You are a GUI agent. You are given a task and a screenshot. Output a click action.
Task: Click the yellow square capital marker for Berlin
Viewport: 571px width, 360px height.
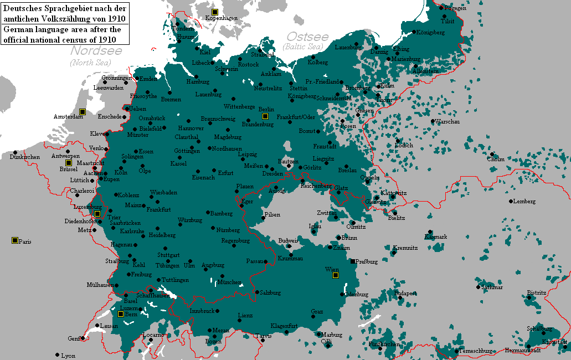pyautogui.click(x=265, y=116)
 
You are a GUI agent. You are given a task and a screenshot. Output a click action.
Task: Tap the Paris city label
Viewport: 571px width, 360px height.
pyautogui.click(x=25, y=241)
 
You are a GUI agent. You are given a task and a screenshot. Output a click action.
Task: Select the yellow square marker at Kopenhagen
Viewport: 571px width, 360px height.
pyautogui.click(x=215, y=12)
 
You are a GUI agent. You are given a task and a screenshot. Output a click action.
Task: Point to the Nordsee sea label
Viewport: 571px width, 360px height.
pyautogui.click(x=96, y=51)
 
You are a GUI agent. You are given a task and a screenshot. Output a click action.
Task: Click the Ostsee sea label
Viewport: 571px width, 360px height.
pyautogui.click(x=307, y=37)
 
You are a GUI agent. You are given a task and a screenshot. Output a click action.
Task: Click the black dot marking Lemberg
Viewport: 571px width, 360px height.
pyautogui.click(x=511, y=201)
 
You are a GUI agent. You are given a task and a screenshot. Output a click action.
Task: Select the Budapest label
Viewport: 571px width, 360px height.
pyautogui.click(x=405, y=293)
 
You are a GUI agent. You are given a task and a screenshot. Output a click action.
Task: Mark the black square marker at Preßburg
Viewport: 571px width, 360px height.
pyautogui.click(x=352, y=261)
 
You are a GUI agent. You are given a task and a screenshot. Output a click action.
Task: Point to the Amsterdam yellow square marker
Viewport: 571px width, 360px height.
pyautogui.click(x=82, y=111)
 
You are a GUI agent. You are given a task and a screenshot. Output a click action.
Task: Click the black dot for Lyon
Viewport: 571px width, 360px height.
pyautogui.click(x=57, y=355)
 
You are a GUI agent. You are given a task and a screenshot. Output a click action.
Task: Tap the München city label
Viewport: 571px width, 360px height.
pyautogui.click(x=229, y=282)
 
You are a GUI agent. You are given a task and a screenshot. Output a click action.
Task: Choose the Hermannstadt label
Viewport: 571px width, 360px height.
pyautogui.click(x=523, y=350)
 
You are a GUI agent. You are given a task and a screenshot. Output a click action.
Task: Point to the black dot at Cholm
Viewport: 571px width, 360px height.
pyautogui.click(x=491, y=154)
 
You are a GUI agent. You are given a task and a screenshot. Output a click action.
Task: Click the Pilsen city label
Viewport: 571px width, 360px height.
pyautogui.click(x=272, y=214)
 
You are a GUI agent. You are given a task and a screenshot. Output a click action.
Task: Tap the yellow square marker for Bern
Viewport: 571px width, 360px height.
pyautogui.click(x=120, y=314)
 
